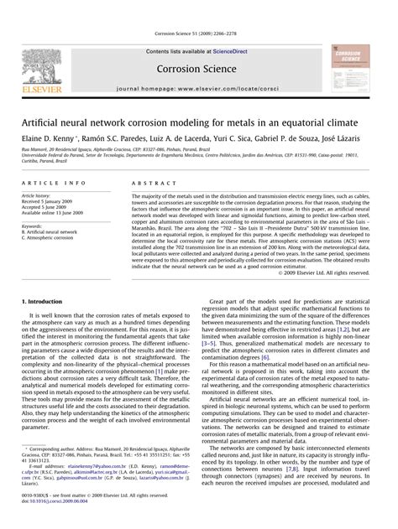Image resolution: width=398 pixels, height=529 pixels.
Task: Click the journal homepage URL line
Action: pos(198,88)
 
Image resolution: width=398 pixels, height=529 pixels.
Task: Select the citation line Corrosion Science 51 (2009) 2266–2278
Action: pos(198,34)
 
